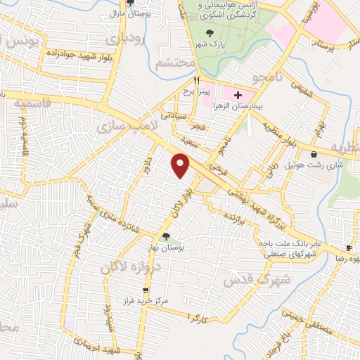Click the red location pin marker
tap(181, 165)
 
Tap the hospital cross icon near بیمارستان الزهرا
tap(237, 95)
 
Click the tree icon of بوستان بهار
tap(166, 237)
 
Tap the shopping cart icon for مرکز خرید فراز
tap(146, 290)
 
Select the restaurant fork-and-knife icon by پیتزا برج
tap(198, 80)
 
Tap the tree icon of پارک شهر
tap(210, 33)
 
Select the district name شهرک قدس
tap(247, 279)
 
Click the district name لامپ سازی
tap(119, 124)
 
